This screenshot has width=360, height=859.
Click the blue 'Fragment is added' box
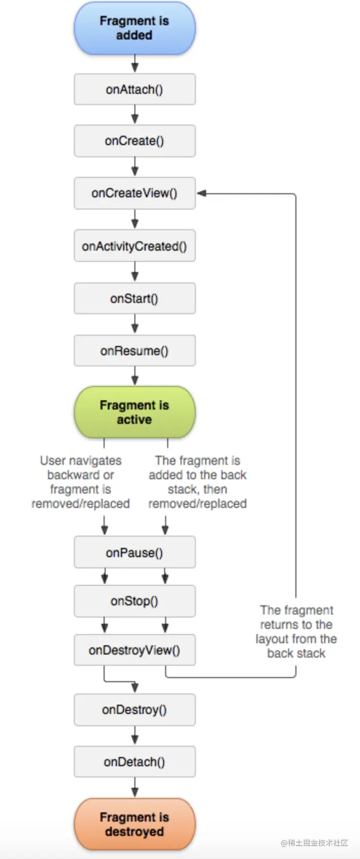tap(135, 28)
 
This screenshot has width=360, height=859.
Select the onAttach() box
tap(135, 89)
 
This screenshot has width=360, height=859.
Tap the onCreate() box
tap(135, 141)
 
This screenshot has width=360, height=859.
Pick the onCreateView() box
tap(135, 193)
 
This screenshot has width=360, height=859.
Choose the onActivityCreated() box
tap(135, 246)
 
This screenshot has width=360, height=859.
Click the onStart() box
tap(135, 298)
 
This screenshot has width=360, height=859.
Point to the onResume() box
tap(135, 351)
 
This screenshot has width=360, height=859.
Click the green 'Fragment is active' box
tap(135, 412)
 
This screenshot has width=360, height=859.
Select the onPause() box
tap(135, 552)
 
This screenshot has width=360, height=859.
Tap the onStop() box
tap(135, 601)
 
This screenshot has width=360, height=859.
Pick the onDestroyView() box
tap(135, 650)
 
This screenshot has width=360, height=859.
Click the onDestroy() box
tap(135, 710)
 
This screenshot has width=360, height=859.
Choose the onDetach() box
tap(135, 762)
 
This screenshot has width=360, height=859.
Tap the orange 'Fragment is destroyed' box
tap(135, 824)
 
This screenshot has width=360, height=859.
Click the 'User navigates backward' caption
tap(81, 482)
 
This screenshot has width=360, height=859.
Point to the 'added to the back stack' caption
tap(197, 482)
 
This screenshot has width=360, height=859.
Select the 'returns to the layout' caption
tap(296, 631)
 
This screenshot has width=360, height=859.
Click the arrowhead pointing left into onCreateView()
tap(202, 193)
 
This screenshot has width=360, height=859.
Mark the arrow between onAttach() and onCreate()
tap(135, 115)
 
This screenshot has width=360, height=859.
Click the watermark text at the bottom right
tap(314, 843)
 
